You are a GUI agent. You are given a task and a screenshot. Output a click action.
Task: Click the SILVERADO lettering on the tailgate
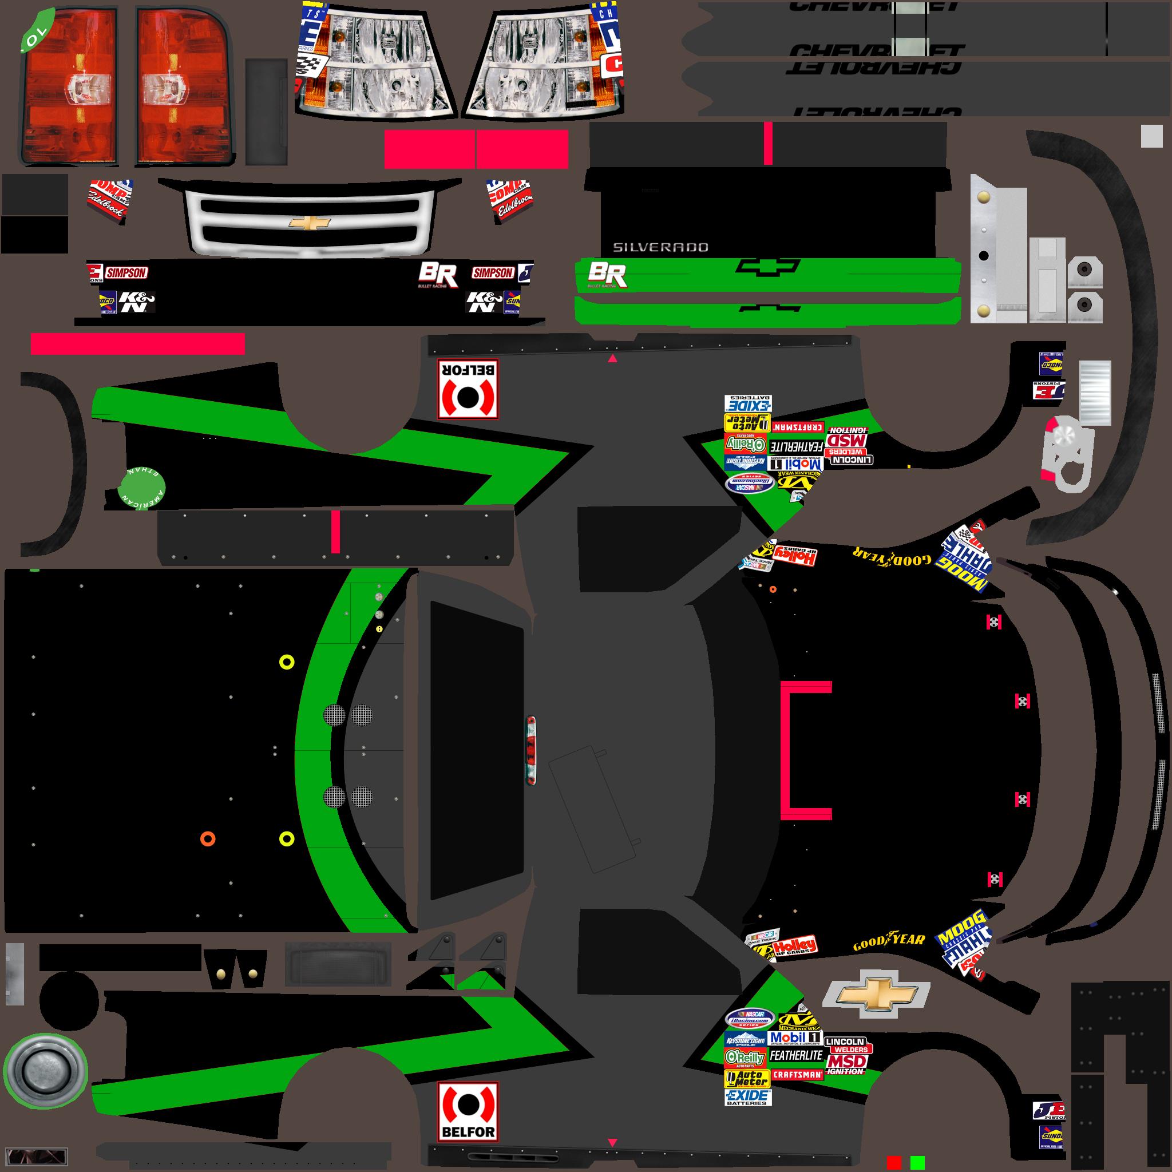(x=660, y=247)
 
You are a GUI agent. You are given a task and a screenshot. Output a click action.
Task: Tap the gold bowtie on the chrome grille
(x=310, y=223)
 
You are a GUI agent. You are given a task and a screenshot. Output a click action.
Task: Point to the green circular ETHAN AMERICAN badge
(x=142, y=488)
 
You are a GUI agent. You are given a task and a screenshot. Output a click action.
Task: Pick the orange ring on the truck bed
(x=208, y=839)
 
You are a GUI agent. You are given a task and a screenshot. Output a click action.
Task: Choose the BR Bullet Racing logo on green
(x=606, y=274)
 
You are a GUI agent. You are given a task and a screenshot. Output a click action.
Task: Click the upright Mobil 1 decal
(x=795, y=1038)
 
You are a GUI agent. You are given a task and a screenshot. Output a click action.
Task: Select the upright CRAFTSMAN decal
(x=797, y=1074)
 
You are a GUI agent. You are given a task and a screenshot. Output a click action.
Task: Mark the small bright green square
(x=917, y=1162)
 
